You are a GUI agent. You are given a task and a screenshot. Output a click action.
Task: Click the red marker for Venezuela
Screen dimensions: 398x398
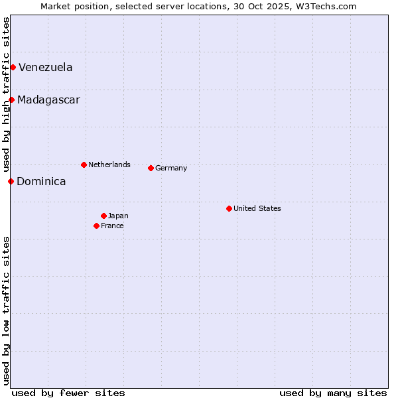[13, 67]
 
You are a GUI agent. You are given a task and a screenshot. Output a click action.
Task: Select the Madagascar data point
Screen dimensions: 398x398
[11, 99]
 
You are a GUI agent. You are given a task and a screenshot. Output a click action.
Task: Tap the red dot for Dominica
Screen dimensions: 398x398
[11, 181]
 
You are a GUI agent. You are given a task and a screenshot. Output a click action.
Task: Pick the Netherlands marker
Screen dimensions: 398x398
[84, 165]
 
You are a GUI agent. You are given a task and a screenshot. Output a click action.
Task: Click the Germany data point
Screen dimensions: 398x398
[151, 168]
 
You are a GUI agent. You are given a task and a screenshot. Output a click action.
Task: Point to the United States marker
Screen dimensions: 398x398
[229, 208]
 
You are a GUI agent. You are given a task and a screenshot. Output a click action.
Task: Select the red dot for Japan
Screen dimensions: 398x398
[103, 216]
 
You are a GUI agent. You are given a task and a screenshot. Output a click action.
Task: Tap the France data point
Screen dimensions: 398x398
[96, 226]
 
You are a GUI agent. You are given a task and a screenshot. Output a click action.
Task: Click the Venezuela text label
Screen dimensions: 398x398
[45, 67]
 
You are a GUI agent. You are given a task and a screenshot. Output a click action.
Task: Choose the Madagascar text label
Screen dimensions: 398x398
[48, 100]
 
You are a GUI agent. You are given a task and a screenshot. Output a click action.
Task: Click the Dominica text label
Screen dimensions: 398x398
[41, 181]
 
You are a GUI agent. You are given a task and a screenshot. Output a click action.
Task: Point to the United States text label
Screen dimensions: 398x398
[257, 208]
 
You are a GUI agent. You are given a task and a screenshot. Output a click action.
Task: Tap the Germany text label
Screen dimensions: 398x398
[171, 168]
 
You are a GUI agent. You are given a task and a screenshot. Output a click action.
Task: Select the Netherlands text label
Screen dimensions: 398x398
[109, 165]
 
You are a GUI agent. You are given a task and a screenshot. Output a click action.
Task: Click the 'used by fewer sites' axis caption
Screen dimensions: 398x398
[68, 393]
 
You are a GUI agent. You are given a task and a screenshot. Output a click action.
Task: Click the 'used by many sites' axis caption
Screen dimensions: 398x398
[333, 393]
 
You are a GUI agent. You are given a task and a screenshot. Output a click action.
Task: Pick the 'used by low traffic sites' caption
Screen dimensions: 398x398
[6, 310]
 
